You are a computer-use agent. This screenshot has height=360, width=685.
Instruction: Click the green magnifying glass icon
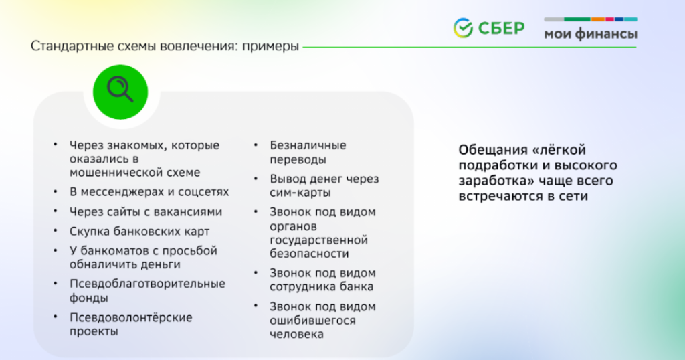pos(120,92)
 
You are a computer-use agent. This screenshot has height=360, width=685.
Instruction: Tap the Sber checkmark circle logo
pos(463,28)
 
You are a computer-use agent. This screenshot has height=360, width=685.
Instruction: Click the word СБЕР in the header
pos(501,28)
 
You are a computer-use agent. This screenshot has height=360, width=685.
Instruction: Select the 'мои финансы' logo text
pos(591,34)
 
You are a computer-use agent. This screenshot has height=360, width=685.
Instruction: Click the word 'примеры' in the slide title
pos(270,46)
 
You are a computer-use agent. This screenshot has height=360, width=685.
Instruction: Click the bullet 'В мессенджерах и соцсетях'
pos(149,192)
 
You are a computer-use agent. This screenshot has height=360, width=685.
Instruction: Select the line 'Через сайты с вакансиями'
pos(145,212)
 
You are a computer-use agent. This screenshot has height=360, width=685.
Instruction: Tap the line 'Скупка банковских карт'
pos(139,231)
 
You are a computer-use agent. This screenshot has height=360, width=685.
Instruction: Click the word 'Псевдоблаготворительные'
pos(147,284)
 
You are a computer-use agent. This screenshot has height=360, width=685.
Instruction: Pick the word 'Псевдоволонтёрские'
pos(130,318)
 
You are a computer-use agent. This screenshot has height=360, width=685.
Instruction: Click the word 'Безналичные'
pos(308,145)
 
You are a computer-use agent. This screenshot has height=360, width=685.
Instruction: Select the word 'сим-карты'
pos(300,193)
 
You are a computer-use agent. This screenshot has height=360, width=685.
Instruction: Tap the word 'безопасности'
pos(309,254)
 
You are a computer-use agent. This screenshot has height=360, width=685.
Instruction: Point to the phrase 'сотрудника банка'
pos(321,287)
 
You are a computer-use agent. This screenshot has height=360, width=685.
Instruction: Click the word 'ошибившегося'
pos(312,321)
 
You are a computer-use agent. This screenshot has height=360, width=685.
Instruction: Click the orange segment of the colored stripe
pos(597,19)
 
